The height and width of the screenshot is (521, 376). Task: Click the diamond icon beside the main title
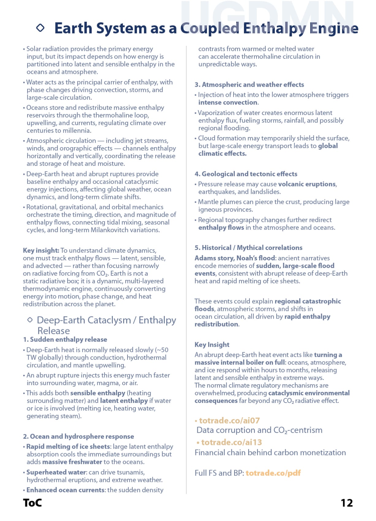coord(40,28)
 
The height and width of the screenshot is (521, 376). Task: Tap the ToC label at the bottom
coord(32,503)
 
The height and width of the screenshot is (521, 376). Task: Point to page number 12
coord(347,503)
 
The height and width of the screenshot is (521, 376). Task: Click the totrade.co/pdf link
coord(273,473)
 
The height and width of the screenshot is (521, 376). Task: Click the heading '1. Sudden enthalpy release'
coord(65,339)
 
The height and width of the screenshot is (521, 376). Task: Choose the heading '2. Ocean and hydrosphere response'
coord(78,436)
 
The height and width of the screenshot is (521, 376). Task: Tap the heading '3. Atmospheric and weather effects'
coord(249,85)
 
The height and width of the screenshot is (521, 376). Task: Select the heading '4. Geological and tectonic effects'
coord(246,174)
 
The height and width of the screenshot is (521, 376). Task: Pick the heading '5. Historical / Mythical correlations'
coord(248,248)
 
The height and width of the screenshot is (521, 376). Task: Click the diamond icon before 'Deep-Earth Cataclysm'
coord(30,320)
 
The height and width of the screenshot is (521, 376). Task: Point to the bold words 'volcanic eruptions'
coord(307,184)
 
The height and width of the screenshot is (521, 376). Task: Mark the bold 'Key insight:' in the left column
coord(41,251)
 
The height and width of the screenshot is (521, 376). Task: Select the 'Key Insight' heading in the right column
coord(212,345)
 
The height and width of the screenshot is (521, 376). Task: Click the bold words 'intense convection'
coord(228,102)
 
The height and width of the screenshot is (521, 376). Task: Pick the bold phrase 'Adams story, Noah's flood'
coord(235,258)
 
